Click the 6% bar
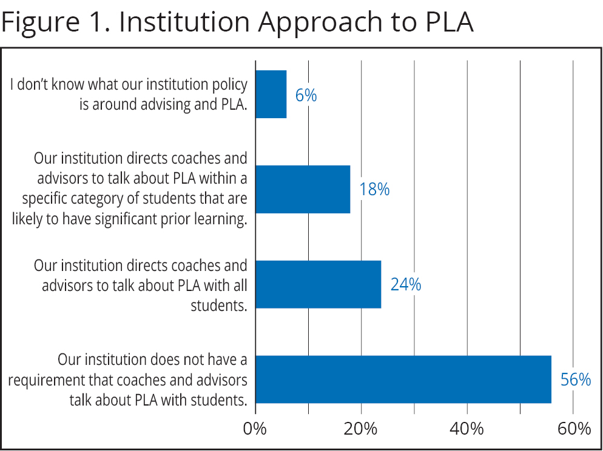[x=271, y=95]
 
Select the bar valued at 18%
[x=303, y=189]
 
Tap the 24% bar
[x=318, y=284]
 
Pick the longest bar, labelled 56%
[x=403, y=379]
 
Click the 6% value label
[x=306, y=95]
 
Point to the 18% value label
[x=374, y=190]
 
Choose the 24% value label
[x=405, y=284]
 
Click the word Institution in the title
[x=184, y=23]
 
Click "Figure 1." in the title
[x=56, y=23]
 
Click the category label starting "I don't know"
[x=129, y=95]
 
